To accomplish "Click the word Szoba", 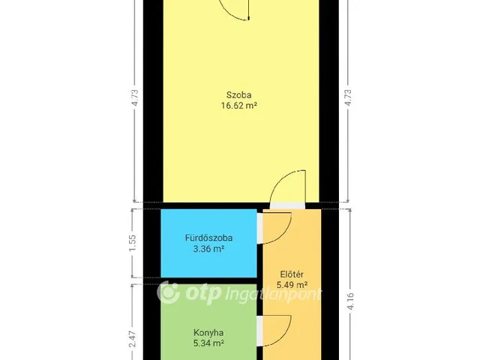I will click(239, 94).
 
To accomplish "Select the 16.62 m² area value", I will click(239, 106).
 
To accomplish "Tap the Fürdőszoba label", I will click(208, 238).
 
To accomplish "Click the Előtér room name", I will click(292, 273).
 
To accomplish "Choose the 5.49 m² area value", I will click(292, 285).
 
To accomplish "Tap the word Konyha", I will click(208, 332).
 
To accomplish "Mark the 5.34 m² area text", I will click(208, 344).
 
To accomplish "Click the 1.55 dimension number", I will click(133, 242).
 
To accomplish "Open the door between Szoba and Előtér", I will click(288, 190).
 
